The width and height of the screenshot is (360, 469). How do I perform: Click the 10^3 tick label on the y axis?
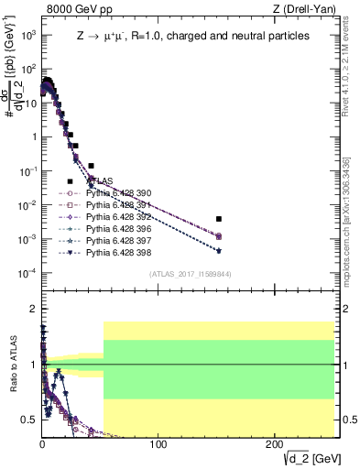(27, 34)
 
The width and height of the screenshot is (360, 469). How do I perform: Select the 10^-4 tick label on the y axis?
(27, 273)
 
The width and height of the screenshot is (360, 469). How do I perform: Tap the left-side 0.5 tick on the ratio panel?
(30, 421)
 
